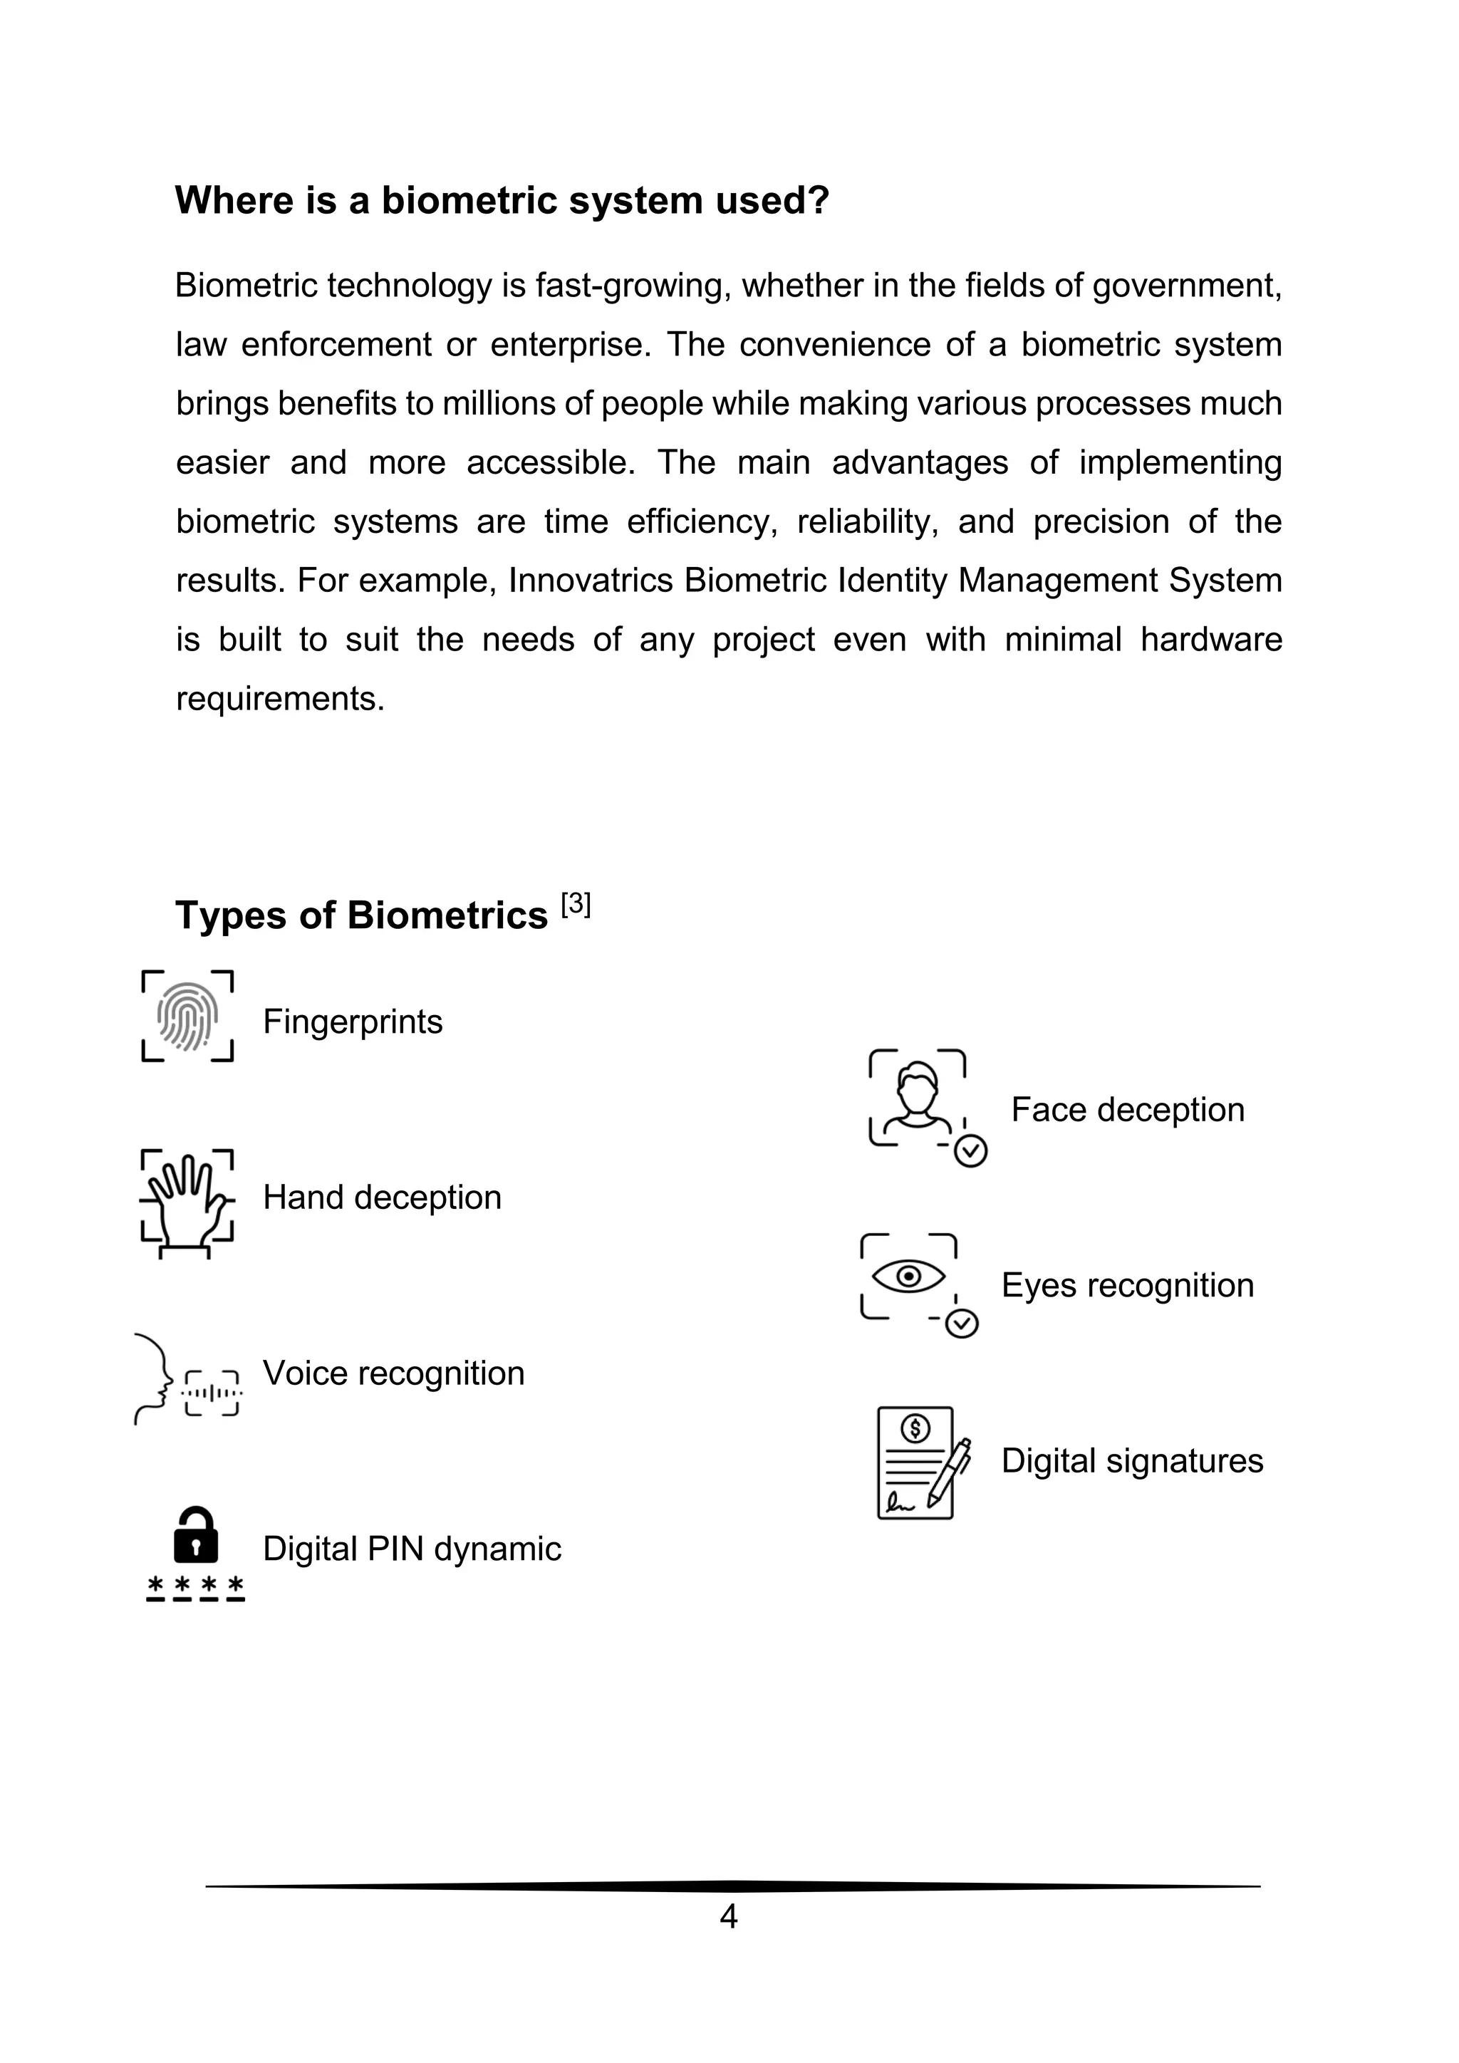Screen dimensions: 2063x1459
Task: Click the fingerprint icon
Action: (x=188, y=1017)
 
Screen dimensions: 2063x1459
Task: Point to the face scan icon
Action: (x=918, y=1101)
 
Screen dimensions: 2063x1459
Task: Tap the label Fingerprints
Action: (x=352, y=1022)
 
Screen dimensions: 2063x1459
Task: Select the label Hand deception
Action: (x=382, y=1197)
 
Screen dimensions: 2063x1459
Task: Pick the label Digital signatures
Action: (x=1132, y=1461)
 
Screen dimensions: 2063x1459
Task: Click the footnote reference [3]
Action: (x=576, y=904)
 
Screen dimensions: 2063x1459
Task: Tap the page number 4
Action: (x=729, y=1916)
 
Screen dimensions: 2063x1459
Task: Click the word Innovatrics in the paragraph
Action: (x=591, y=581)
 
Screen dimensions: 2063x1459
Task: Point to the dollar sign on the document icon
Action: (x=915, y=1427)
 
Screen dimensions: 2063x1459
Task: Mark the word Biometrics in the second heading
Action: (x=447, y=915)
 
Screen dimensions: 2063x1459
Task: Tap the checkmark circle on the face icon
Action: (x=970, y=1151)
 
